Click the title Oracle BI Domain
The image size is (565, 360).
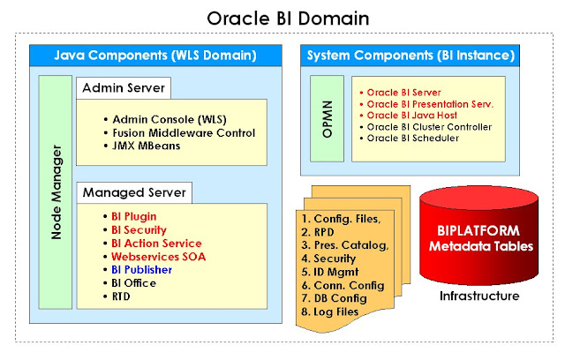point(282,18)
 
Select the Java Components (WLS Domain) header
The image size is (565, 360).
point(155,55)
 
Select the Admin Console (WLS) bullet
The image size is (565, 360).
point(162,118)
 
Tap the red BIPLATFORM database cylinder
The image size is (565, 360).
point(478,231)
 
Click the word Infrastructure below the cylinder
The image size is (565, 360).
point(479,296)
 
